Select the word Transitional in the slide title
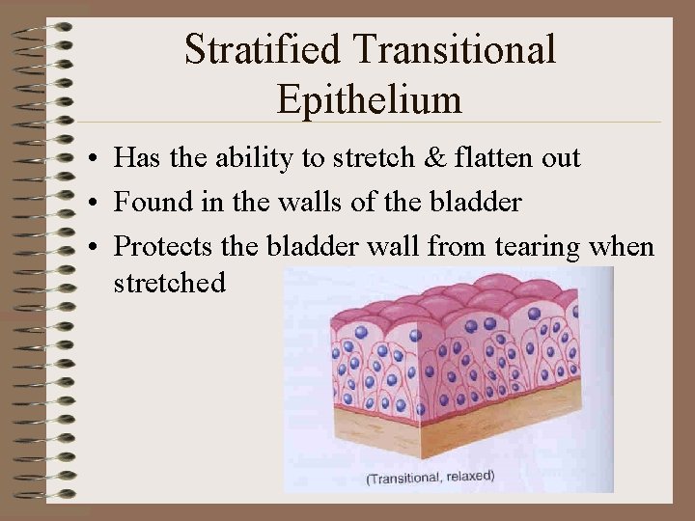point(451,50)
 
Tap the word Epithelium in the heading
point(369,98)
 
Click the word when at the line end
point(623,247)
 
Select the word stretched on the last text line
point(169,283)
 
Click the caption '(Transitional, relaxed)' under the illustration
point(430,477)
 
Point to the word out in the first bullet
point(561,158)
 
